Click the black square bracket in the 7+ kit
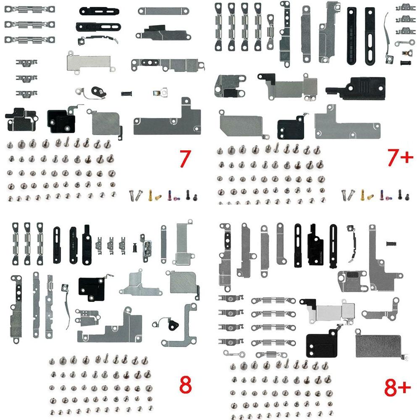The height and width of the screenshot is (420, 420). click(290, 128)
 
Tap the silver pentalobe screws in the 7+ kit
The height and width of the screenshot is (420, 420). click(347, 194)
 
